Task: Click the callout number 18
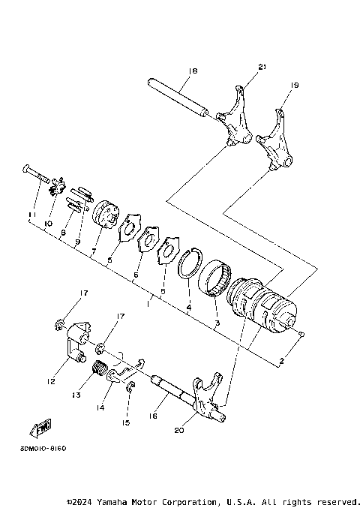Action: (193, 71)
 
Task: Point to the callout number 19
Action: (294, 86)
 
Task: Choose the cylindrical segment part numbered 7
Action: (105, 212)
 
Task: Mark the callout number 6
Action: (136, 276)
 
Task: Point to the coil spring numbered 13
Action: (97, 368)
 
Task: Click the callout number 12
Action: (50, 382)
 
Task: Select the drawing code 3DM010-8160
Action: (38, 449)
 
